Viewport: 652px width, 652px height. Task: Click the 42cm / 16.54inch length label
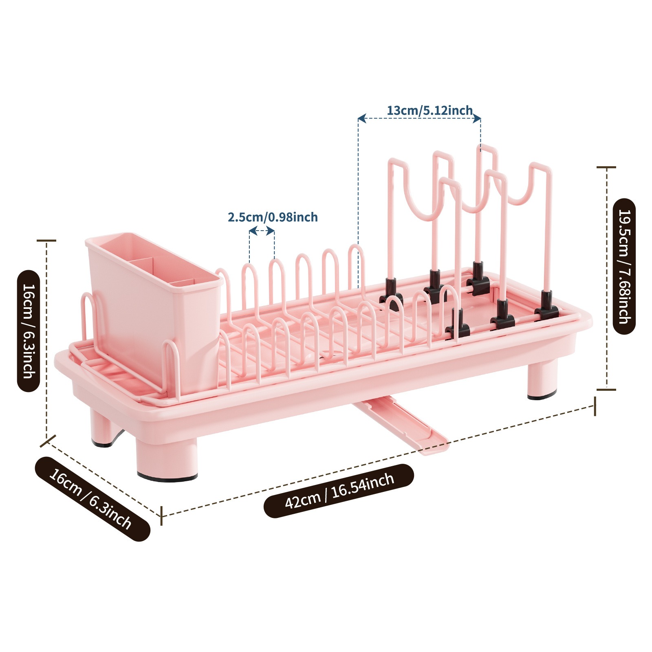coord(339,491)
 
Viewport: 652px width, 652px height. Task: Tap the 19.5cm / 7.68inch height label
coord(624,267)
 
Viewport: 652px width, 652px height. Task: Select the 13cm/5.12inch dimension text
coord(430,110)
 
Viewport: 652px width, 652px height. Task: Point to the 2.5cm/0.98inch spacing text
coord(273,217)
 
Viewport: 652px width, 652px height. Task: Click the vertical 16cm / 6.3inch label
coord(29,330)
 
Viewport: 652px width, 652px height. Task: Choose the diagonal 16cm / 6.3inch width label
coord(90,499)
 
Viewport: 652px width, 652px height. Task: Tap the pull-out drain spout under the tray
coord(401,426)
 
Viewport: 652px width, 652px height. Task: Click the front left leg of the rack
coord(167,456)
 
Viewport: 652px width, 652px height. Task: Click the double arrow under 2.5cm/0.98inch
coord(262,231)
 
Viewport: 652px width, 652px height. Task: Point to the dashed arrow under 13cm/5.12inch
coord(419,119)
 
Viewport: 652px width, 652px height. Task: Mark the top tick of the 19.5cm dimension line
coord(606,167)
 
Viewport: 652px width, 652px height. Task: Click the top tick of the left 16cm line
coord(46,241)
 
